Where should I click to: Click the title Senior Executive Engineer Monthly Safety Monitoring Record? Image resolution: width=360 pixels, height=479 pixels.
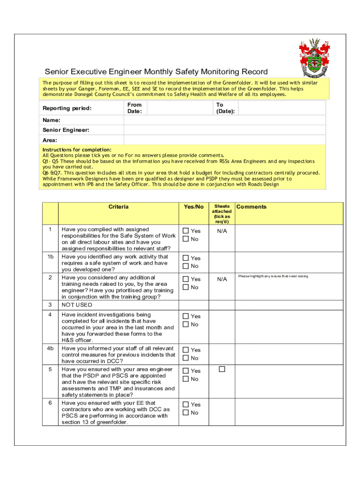click(x=156, y=72)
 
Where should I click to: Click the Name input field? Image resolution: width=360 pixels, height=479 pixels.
click(x=224, y=120)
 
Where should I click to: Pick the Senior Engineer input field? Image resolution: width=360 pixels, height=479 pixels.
click(x=224, y=130)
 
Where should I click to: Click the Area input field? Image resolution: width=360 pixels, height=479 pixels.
click(x=224, y=140)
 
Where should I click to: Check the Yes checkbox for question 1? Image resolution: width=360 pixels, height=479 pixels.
click(x=186, y=231)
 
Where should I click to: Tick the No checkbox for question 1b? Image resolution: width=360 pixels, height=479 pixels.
click(x=186, y=266)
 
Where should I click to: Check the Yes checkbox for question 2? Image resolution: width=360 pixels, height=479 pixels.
click(x=186, y=279)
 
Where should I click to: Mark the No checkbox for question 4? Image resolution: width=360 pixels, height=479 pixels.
click(x=186, y=324)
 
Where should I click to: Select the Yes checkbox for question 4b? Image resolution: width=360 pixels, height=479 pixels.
click(x=186, y=350)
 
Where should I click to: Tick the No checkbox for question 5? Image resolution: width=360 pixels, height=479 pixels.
click(x=186, y=379)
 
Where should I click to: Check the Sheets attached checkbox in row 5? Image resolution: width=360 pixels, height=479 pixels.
click(x=222, y=370)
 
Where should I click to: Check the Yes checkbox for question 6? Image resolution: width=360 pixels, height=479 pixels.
click(x=186, y=405)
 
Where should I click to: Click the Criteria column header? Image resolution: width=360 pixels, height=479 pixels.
click(x=118, y=207)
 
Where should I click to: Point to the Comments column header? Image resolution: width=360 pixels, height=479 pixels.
click(x=252, y=207)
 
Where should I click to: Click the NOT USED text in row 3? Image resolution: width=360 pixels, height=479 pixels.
click(x=77, y=305)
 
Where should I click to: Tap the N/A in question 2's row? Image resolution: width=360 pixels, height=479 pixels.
click(x=222, y=279)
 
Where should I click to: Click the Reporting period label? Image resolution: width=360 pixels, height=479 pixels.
click(x=67, y=109)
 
